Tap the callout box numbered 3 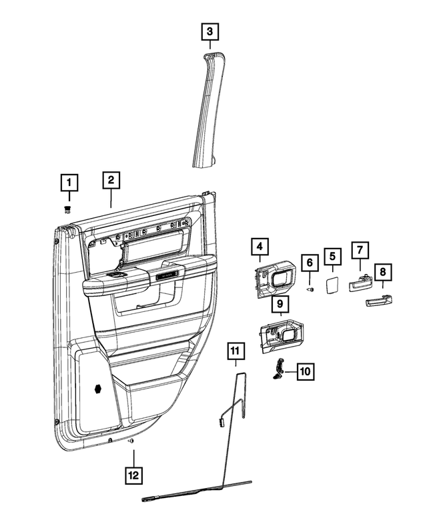pyautogui.click(x=209, y=31)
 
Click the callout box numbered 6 pyautogui.click(x=310, y=263)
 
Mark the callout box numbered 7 pyautogui.click(x=358, y=251)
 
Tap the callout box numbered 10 pyautogui.click(x=304, y=371)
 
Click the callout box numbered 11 pyautogui.click(x=235, y=350)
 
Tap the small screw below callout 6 pyautogui.click(x=310, y=290)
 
